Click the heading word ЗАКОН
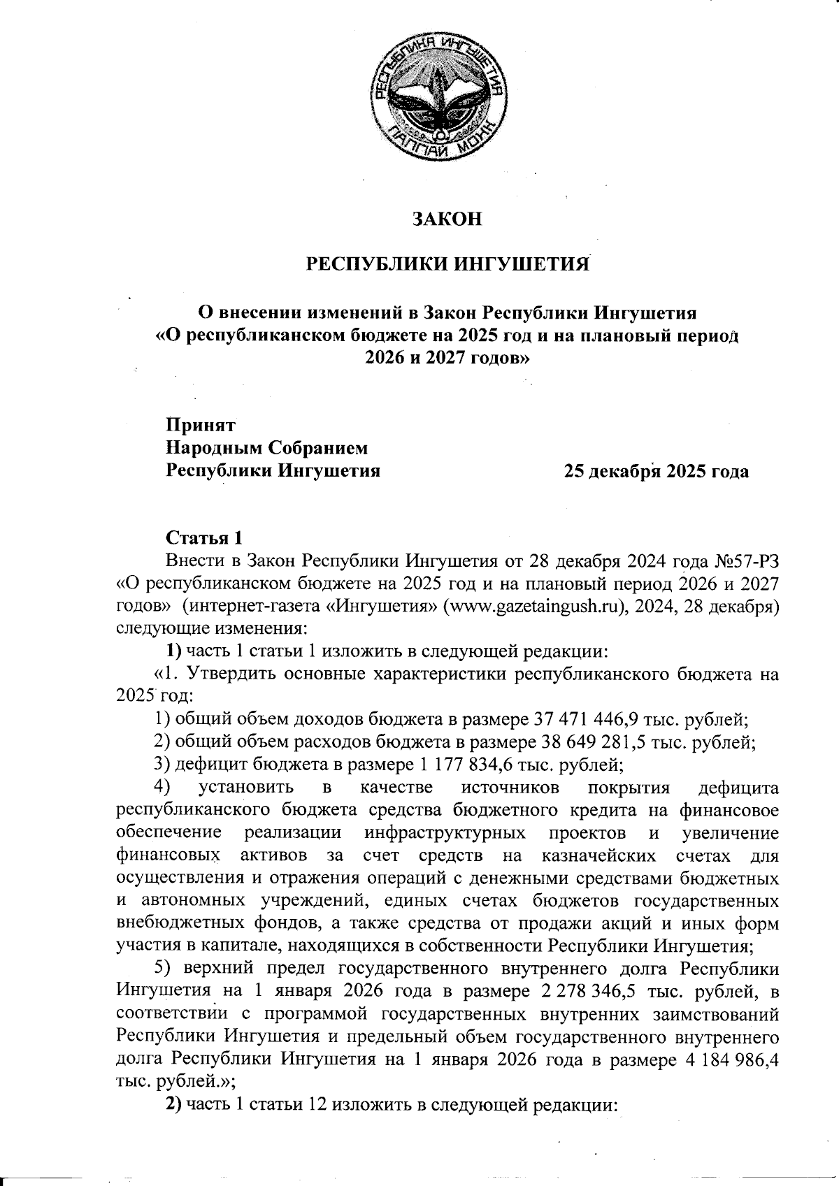pyautogui.click(x=447, y=219)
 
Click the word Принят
pyautogui.click(x=201, y=424)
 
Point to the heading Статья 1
pyautogui.click(x=203, y=538)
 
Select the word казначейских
pyautogui.click(x=598, y=855)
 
